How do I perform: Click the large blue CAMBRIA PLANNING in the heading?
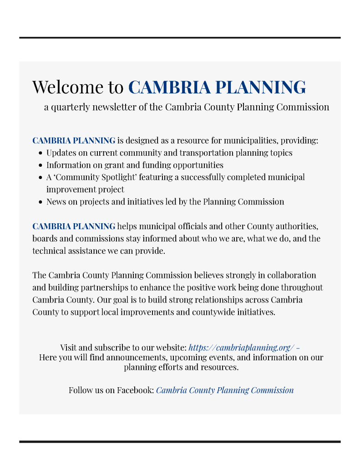217,87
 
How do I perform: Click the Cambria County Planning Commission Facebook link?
225,390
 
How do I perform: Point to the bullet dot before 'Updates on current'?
41,153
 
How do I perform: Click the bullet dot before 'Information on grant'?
41,165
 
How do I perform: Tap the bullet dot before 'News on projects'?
41,202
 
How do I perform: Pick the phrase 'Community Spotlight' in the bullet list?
96,177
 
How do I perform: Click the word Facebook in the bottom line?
135,390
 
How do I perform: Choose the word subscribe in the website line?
111,347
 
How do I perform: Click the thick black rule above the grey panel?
180,37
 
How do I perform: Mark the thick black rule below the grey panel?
180,441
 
